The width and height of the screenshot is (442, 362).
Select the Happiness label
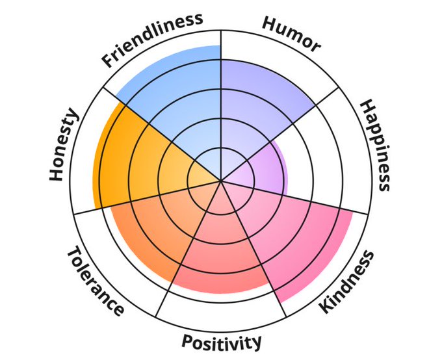pos(375,145)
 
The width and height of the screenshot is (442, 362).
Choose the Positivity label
pos(222,341)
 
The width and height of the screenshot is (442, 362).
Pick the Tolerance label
pos(95,281)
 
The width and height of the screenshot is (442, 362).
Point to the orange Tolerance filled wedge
pos(153,227)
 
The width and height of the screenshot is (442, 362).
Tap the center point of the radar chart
pos(221,181)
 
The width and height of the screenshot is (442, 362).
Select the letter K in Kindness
pos(323,307)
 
